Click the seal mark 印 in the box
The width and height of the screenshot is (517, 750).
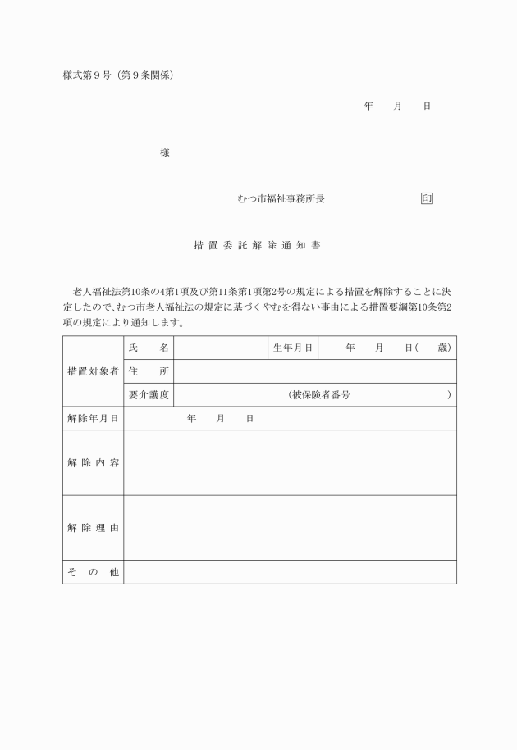point(427,199)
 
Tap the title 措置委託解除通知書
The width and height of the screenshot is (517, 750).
point(262,245)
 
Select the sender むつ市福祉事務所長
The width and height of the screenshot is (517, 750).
point(281,199)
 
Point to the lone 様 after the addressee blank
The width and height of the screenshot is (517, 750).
point(165,153)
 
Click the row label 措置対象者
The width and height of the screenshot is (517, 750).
point(93,371)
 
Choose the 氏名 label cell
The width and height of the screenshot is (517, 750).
point(149,348)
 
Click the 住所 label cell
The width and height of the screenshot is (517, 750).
point(149,371)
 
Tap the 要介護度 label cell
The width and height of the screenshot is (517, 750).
point(149,395)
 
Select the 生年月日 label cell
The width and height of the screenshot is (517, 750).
point(292,348)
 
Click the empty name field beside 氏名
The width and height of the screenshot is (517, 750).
point(220,348)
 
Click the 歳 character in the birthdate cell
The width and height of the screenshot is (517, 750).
point(443,348)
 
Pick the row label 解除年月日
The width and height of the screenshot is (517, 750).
point(93,418)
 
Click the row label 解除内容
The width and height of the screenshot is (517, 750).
point(93,463)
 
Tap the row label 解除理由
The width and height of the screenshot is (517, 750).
point(93,528)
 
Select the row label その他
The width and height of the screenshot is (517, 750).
point(93,572)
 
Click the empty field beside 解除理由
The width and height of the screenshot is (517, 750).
point(290,528)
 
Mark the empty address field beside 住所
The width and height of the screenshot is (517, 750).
point(315,371)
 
